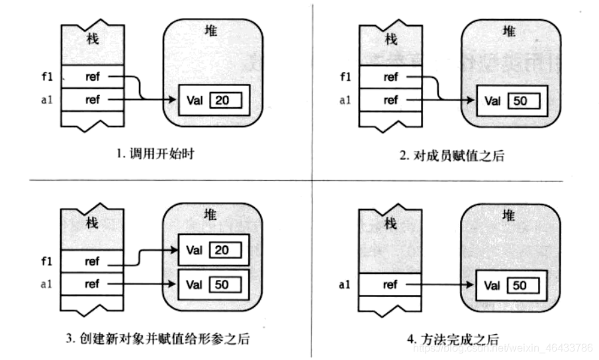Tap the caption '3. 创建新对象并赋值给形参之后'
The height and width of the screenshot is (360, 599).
158,339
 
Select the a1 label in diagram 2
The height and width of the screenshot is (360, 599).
344,101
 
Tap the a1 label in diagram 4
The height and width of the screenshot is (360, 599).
344,285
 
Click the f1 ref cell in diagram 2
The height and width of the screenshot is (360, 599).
391,77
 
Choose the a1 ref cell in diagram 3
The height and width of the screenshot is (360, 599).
92,285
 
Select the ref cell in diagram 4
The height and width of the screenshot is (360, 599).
391,285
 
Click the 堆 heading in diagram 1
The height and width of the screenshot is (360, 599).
212,30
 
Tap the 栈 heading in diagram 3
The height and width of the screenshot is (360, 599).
93,223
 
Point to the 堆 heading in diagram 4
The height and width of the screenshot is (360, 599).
509,215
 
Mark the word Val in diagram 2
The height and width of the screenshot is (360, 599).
492,101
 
